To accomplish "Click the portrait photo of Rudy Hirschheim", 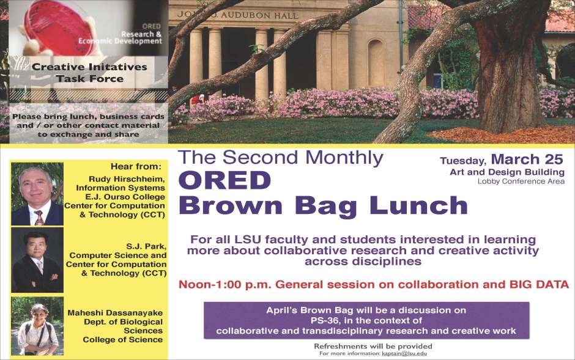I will (x=37, y=194).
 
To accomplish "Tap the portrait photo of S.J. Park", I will (x=37, y=260).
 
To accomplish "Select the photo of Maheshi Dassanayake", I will (x=37, y=326).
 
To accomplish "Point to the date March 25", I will (x=527, y=160).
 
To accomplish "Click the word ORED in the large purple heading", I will (x=224, y=180).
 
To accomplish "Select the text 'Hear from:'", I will (x=136, y=166).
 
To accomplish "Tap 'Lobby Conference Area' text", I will (x=521, y=181).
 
